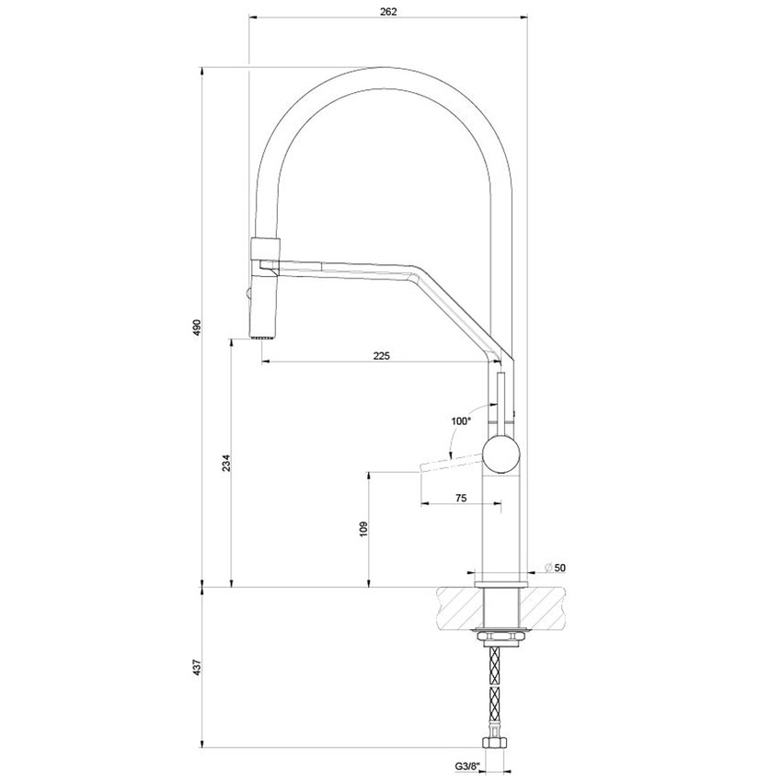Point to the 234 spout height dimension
click(x=223, y=466)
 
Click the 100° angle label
click(x=461, y=420)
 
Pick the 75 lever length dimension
click(x=461, y=497)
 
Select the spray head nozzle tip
click(x=264, y=336)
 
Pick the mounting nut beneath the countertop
click(x=501, y=636)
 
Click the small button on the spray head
click(x=247, y=294)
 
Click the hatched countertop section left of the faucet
click(x=455, y=608)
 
